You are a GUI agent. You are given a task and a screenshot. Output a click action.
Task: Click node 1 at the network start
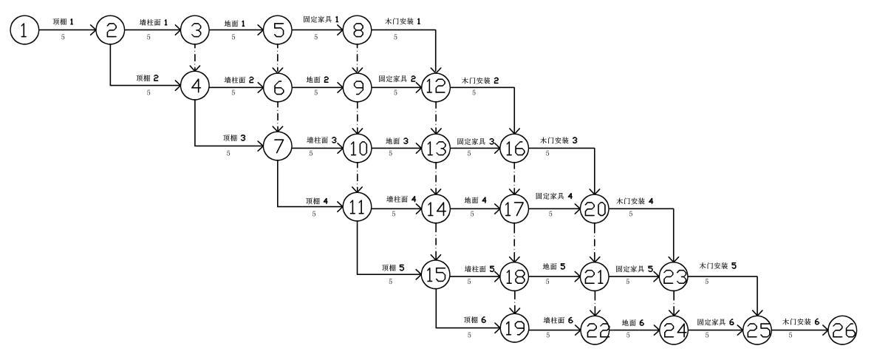click(24, 30)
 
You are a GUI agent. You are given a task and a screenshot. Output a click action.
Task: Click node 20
click(595, 208)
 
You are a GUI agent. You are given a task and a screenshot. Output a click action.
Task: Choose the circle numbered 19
click(516, 327)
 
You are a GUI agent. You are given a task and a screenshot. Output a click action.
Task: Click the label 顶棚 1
click(64, 23)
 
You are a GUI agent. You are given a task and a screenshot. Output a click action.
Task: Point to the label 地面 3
click(397, 140)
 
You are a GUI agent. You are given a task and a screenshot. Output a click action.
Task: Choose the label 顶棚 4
click(315, 201)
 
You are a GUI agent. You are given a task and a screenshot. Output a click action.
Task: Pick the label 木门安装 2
click(477, 80)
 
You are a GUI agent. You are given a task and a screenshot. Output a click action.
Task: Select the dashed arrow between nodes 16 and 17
click(516, 178)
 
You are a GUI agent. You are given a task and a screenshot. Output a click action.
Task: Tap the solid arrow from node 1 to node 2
click(67, 30)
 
